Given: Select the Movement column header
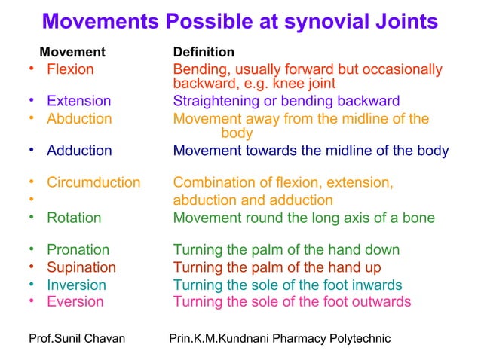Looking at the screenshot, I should pyautogui.click(x=72, y=53).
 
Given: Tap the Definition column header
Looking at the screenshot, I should pyautogui.click(x=204, y=53).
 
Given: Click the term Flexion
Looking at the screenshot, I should pyautogui.click(x=70, y=69).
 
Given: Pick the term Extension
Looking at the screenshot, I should pyautogui.click(x=78, y=101).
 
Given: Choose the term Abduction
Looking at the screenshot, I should pyautogui.click(x=79, y=118).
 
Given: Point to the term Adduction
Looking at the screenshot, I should pyautogui.click(x=79, y=151).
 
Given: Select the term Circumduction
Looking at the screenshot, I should pyautogui.click(x=93, y=182).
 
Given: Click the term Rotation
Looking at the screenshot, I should pyautogui.click(x=74, y=218).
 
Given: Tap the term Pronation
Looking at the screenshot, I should pyautogui.click(x=78, y=249).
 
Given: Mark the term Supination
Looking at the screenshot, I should pyautogui.click(x=81, y=267).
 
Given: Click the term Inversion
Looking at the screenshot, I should pyautogui.click(x=76, y=285).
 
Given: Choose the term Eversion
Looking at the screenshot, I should pyautogui.click(x=75, y=302).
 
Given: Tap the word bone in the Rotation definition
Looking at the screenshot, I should pyautogui.click(x=417, y=218).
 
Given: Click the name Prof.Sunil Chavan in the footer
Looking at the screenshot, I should pyautogui.click(x=76, y=339).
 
